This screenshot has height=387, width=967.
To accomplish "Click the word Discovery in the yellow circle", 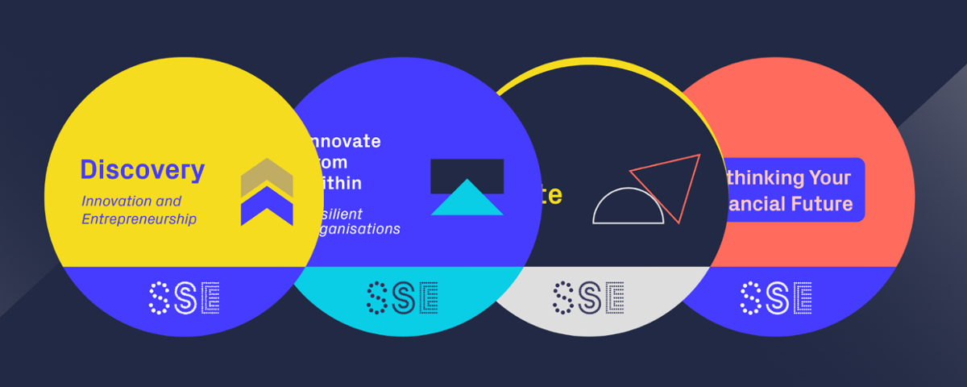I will pos(142,170).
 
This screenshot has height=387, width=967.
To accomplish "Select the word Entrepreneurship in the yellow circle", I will pos(139,218).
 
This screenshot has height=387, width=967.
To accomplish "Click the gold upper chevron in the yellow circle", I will pos(267,176).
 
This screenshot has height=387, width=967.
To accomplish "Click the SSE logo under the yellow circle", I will pos(185,298).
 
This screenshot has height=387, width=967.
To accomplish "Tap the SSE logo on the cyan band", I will pos(402,297).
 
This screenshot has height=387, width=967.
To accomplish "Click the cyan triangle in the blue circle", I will pos(467,198).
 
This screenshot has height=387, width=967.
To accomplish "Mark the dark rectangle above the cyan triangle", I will pos(467,171).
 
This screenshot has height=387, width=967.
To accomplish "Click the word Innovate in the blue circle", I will pos(342,141).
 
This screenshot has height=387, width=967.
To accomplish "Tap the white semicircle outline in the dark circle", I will pos(629,206).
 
